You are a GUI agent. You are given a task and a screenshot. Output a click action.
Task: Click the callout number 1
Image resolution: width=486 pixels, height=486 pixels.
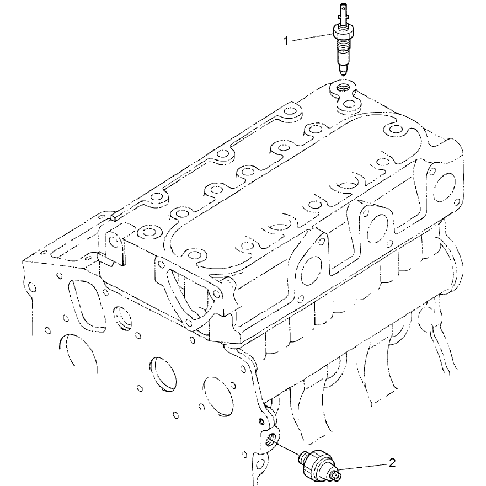[286, 41]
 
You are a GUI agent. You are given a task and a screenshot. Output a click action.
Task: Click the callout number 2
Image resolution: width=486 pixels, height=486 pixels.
[392, 463]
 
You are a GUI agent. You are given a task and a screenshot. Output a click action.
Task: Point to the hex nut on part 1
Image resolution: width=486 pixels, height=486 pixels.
[341, 32]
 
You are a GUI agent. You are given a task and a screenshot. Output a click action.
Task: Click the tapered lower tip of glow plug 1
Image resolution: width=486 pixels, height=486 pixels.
[343, 70]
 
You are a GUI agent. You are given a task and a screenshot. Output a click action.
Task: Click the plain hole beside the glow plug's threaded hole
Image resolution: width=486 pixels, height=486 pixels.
[349, 104]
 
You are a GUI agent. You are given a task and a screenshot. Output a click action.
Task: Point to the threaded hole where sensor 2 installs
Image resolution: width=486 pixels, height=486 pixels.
[271, 439]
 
